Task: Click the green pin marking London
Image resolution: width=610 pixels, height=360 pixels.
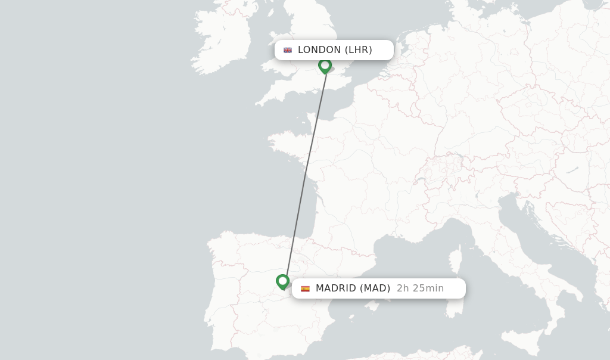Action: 325,65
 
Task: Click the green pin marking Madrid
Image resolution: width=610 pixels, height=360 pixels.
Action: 282,281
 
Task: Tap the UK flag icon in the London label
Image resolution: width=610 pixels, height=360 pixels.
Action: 288,50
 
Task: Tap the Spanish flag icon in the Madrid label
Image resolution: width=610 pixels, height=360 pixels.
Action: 305,288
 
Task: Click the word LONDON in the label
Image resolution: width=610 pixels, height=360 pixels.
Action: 319,50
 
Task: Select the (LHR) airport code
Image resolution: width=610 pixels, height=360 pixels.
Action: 358,50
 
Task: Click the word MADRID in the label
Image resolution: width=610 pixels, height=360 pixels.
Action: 335,288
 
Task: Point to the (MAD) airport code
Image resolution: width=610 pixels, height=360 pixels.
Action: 375,288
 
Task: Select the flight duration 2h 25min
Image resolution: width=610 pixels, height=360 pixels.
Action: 420,288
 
